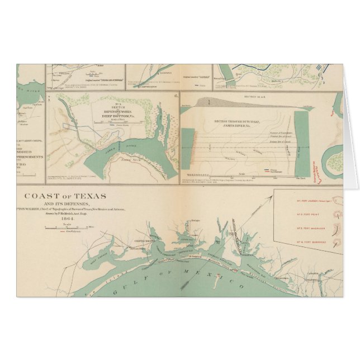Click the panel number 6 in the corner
(x=177, y=96)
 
